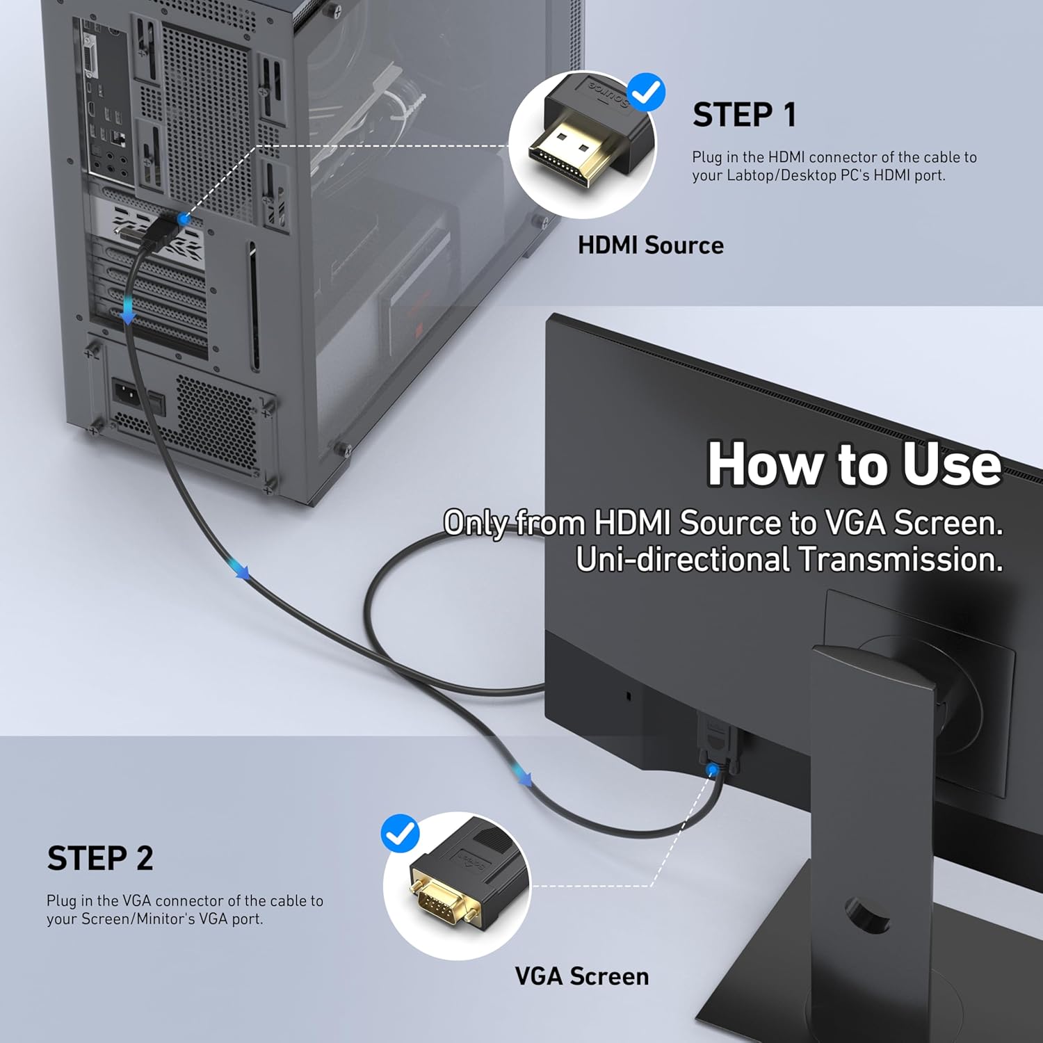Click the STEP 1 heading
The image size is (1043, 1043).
click(744, 115)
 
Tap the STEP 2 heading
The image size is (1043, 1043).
click(100, 858)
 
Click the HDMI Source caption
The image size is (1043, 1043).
click(650, 245)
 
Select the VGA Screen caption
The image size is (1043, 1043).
click(581, 976)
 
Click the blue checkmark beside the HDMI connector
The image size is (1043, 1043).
click(646, 92)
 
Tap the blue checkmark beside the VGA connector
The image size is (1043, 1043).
click(401, 834)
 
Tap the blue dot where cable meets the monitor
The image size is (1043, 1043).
click(712, 770)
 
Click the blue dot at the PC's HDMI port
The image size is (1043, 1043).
click(184, 220)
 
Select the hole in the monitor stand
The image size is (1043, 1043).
click(867, 914)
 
